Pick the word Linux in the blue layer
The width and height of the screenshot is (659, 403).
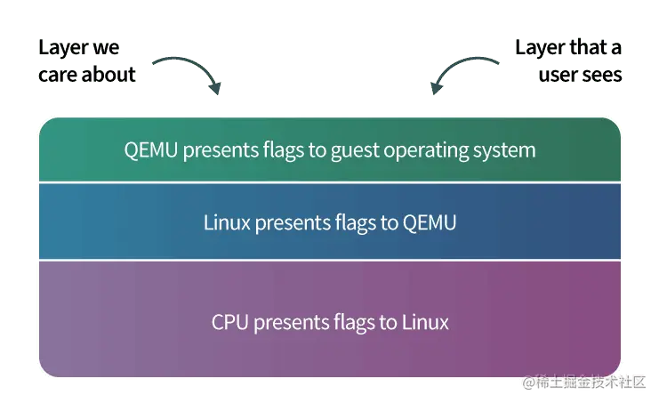(227, 222)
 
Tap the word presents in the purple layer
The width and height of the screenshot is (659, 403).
(288, 322)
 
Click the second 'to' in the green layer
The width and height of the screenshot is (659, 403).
(317, 149)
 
